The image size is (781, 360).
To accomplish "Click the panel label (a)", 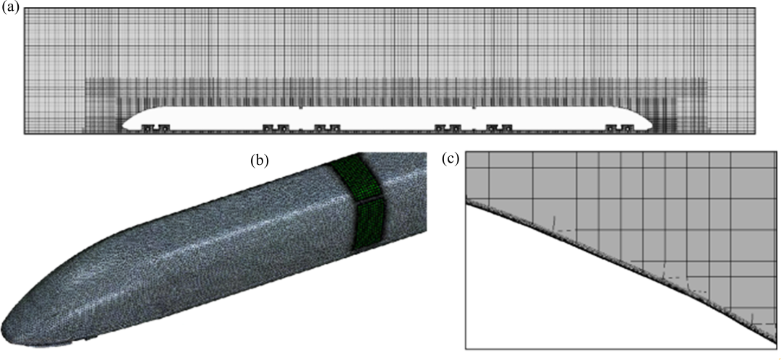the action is point(10,8).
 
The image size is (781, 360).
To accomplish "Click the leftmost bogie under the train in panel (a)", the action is point(155,129).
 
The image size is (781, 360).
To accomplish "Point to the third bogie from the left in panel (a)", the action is point(328,129).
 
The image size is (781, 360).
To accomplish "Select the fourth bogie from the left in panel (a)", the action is point(448,129).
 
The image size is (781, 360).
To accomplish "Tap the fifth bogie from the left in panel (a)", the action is point(500,129).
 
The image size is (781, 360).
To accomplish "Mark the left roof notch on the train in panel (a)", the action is point(300,107).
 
